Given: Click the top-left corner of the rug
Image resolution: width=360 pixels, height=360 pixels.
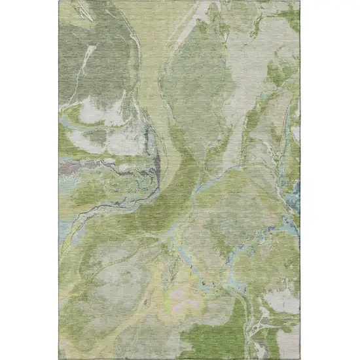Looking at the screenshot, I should coord(60,1).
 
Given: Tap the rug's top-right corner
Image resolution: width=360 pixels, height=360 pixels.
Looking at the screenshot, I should coord(300,1).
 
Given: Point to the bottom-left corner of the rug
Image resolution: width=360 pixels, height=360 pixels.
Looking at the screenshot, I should coord(60,358).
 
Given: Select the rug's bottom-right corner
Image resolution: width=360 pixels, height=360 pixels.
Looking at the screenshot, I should coord(300,358).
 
